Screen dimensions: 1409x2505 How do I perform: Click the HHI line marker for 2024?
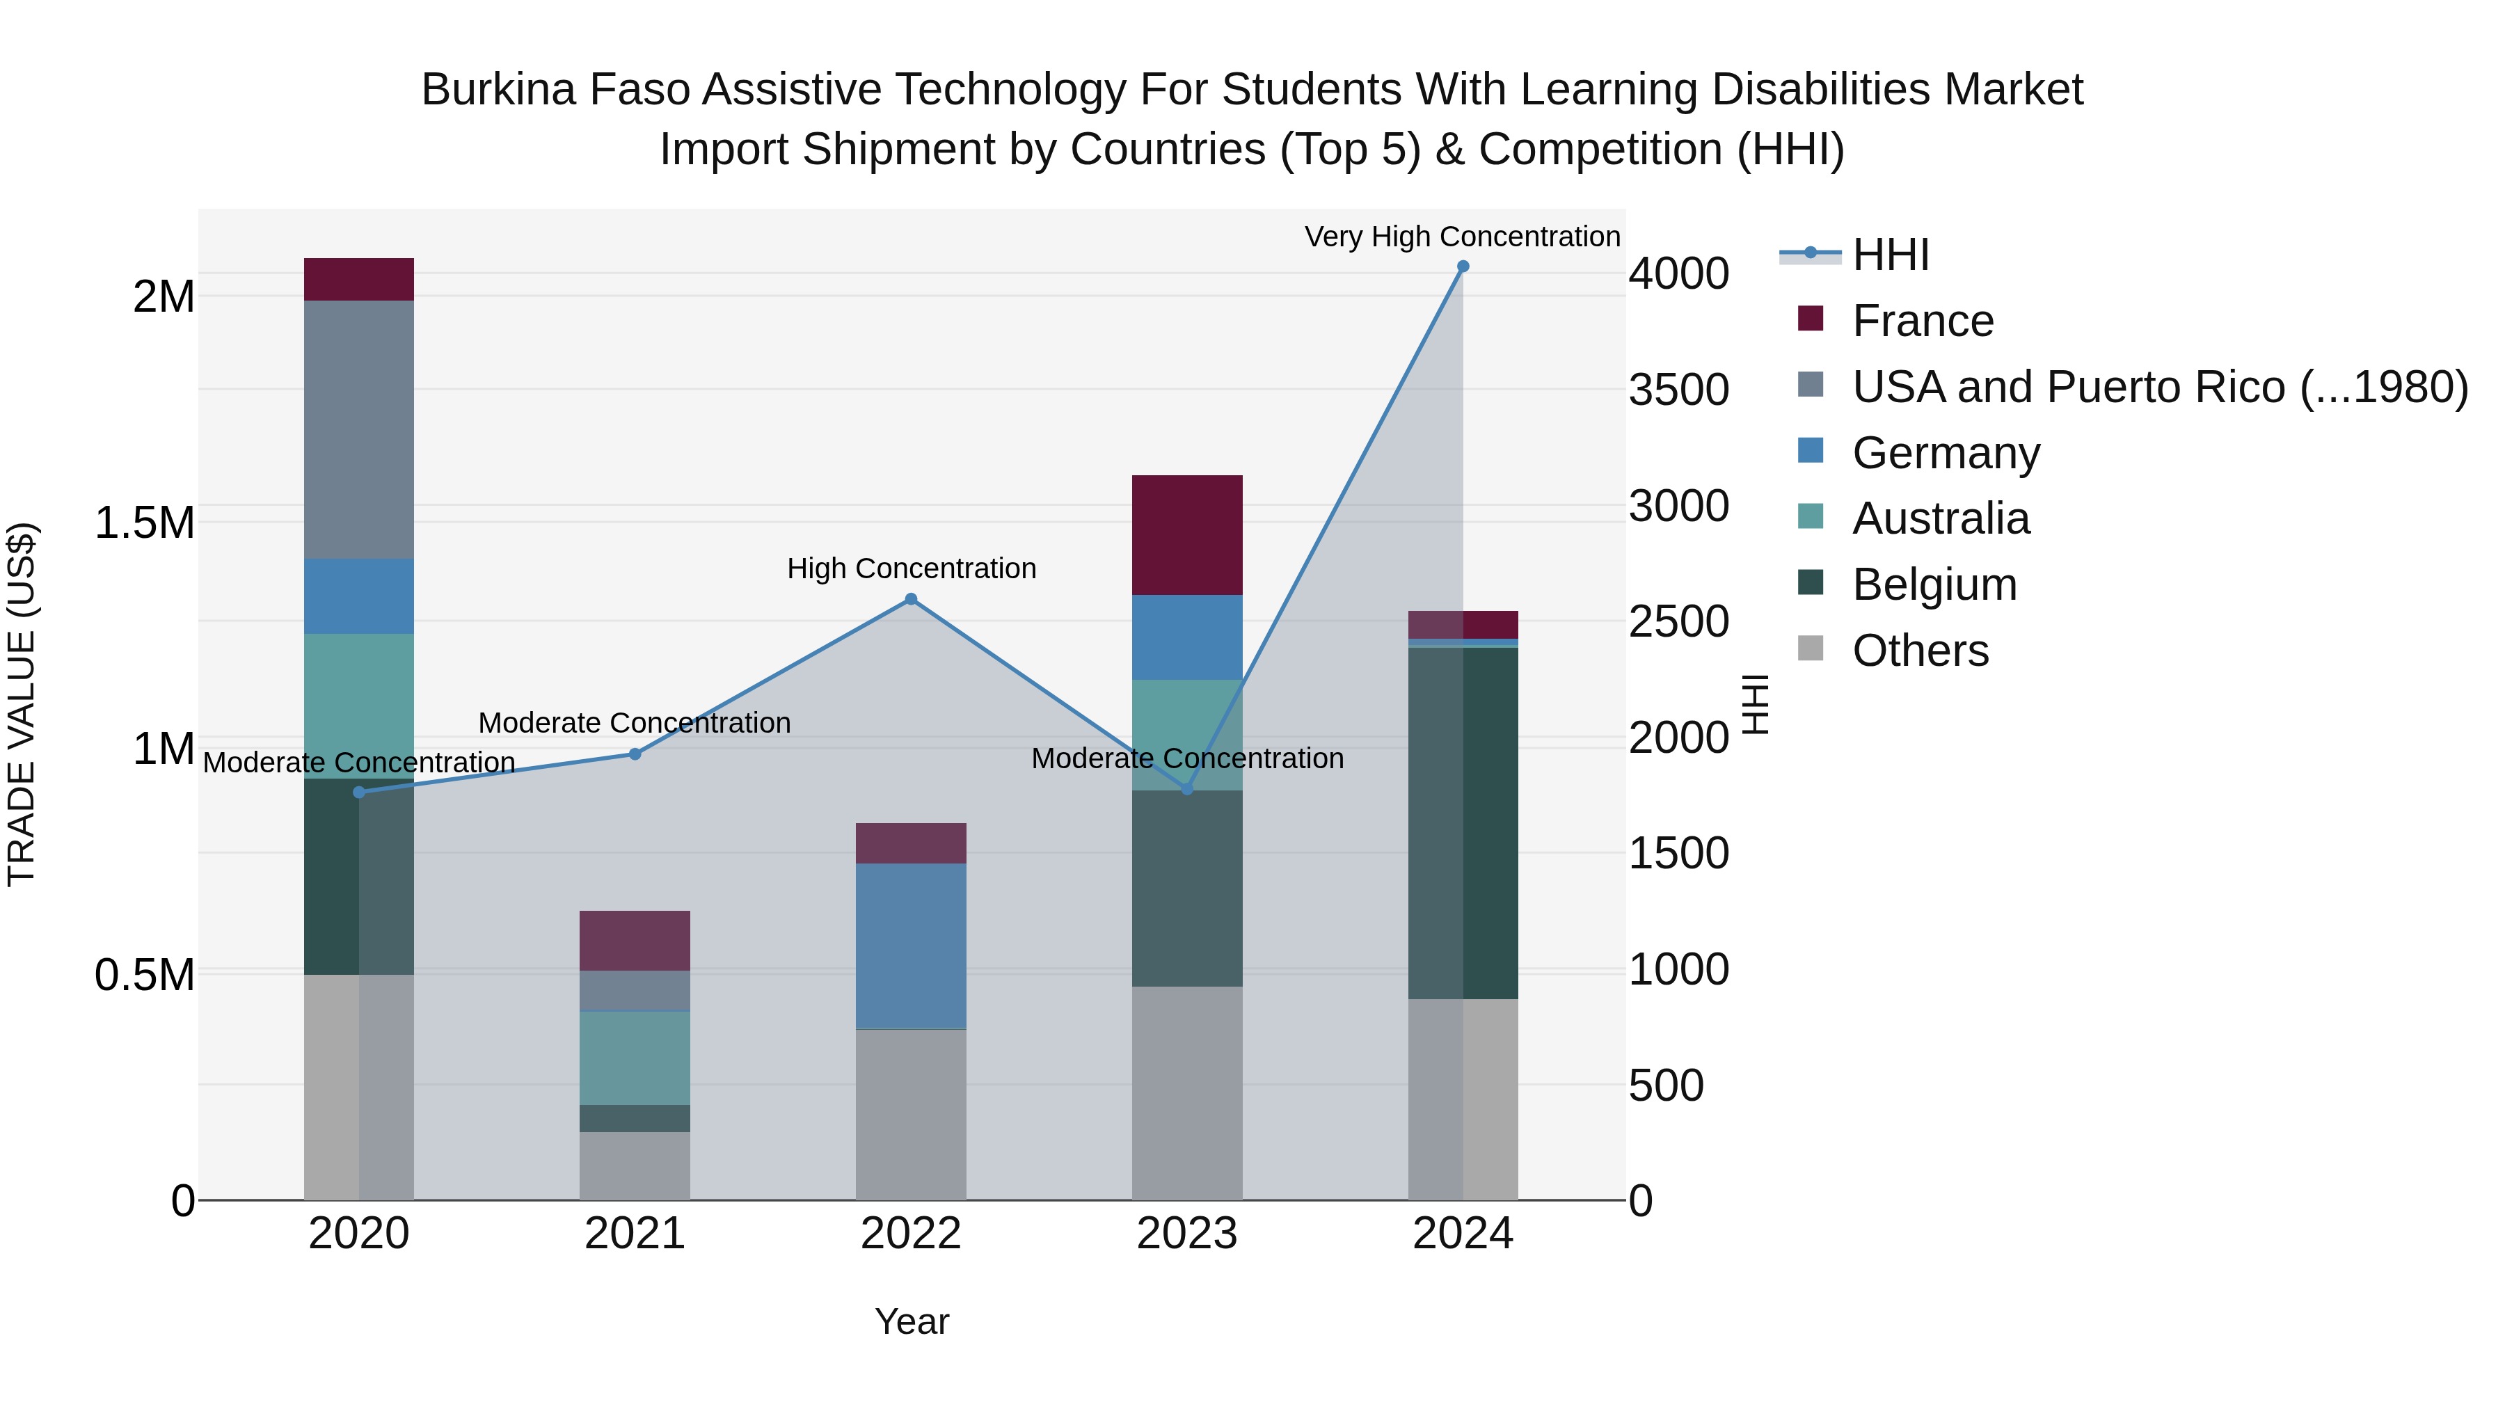(1463, 266)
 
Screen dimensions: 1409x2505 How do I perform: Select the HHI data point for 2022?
(911, 599)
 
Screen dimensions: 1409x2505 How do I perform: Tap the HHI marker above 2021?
(635, 754)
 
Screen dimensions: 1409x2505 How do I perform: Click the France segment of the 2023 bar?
(1186, 535)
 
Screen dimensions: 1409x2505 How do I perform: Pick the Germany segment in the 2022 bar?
(911, 945)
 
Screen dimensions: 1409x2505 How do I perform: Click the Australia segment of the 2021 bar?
(635, 1057)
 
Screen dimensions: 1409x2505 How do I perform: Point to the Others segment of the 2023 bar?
(1186, 1093)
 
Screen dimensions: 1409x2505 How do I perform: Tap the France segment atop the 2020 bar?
(359, 279)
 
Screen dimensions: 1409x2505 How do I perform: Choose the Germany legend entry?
(1945, 453)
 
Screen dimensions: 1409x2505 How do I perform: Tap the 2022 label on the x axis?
(911, 1234)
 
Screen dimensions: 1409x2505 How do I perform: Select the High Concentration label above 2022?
(911, 569)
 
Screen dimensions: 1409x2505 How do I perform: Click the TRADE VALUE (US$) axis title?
(22, 704)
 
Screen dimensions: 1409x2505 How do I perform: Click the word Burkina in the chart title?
(489, 90)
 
